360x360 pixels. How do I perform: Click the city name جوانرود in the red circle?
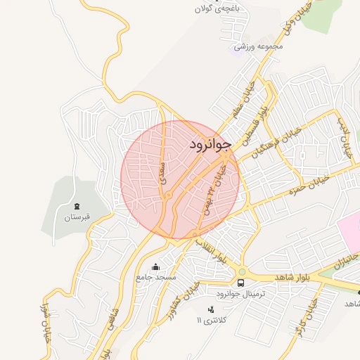coord(210,145)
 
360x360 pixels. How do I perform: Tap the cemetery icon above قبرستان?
coord(77,205)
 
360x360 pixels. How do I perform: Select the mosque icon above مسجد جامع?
coord(155,266)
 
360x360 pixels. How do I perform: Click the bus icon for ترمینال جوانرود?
coord(241,283)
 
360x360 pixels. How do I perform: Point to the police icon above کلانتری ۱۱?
coord(210,309)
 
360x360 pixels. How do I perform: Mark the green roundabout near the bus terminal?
coord(242,271)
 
